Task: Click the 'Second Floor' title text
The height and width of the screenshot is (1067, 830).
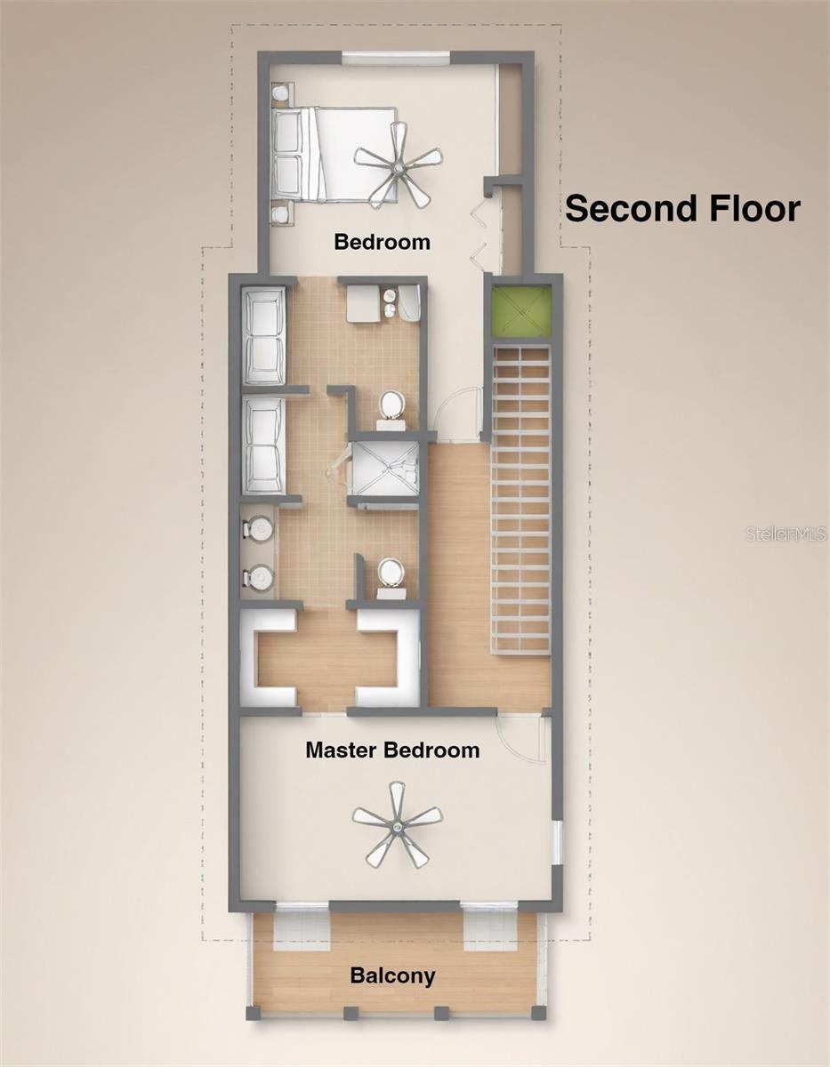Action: (682, 208)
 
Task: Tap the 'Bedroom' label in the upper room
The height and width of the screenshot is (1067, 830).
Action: (383, 242)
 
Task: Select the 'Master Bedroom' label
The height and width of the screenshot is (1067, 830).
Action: (392, 750)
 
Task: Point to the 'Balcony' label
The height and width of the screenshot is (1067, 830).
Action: (393, 975)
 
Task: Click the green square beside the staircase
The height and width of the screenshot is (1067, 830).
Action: (521, 312)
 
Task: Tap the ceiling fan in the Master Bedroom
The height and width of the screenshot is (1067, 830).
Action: (398, 825)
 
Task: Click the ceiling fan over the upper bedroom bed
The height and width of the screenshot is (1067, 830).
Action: (399, 166)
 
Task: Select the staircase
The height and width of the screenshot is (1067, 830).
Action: (521, 500)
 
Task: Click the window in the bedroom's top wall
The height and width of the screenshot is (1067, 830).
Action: (396, 58)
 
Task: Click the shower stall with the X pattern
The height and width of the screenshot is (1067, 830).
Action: (383, 469)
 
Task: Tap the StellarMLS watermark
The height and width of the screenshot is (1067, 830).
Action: (786, 533)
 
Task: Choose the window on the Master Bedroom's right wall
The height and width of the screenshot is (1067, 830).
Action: (557, 843)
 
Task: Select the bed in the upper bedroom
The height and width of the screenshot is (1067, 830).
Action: (334, 154)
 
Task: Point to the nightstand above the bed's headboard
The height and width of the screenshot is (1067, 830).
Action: (282, 94)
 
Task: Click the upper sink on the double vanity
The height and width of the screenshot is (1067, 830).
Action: (258, 528)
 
